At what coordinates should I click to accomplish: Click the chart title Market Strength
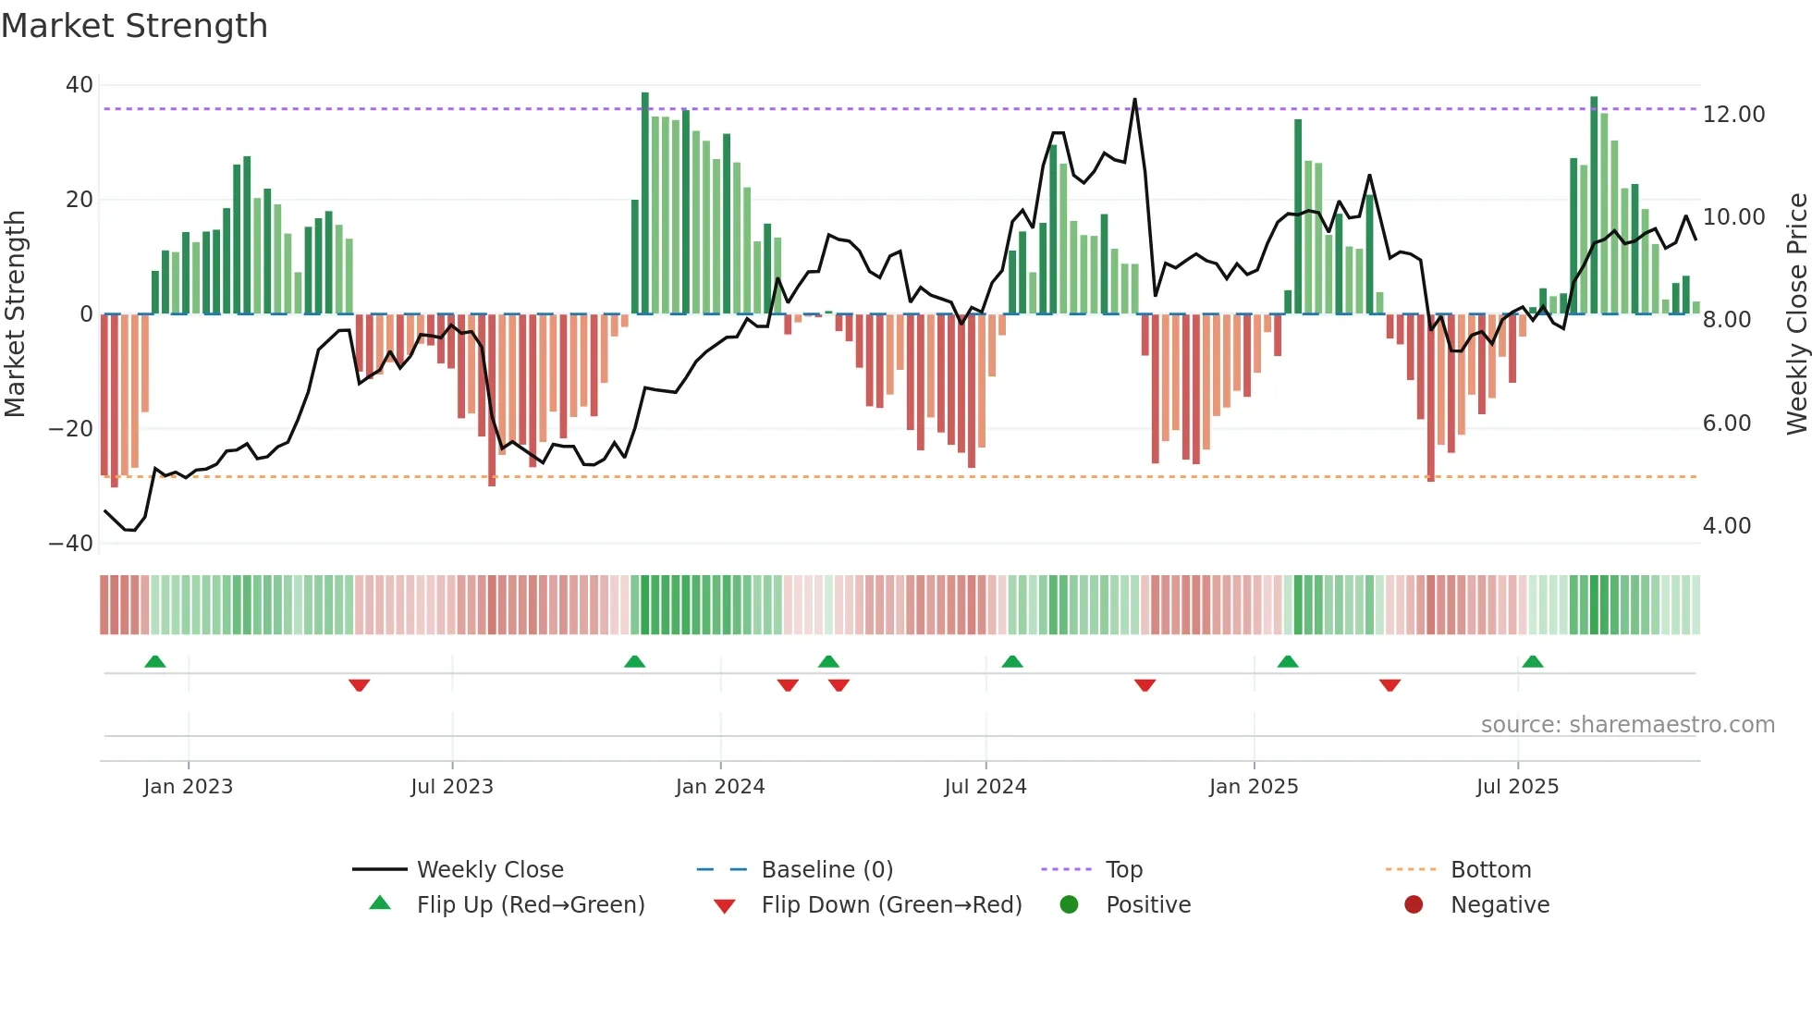134,26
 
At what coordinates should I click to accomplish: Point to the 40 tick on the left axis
80,85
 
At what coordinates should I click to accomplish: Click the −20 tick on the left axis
71,429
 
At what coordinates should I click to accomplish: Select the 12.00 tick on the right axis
1733,115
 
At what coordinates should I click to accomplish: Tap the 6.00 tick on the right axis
1726,424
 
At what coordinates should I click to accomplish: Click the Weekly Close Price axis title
1796,313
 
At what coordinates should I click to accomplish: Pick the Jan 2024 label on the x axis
720,787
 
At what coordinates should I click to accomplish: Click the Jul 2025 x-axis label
1517,787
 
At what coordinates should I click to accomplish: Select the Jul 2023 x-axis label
452,787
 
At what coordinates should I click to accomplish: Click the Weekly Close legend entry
489,870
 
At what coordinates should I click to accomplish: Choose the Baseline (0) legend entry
826,870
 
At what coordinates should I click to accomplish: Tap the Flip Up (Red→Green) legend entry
530,905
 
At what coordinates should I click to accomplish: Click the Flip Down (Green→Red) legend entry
891,905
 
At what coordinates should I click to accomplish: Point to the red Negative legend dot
1414,905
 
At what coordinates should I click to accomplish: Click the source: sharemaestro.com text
1627,725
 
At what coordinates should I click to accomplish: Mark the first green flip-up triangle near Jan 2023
155,662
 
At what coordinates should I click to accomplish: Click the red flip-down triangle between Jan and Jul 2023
360,685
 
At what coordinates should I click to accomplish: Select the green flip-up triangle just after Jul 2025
1533,662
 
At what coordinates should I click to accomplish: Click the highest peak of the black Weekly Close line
1134,100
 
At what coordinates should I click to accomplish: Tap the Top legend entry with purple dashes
1123,870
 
